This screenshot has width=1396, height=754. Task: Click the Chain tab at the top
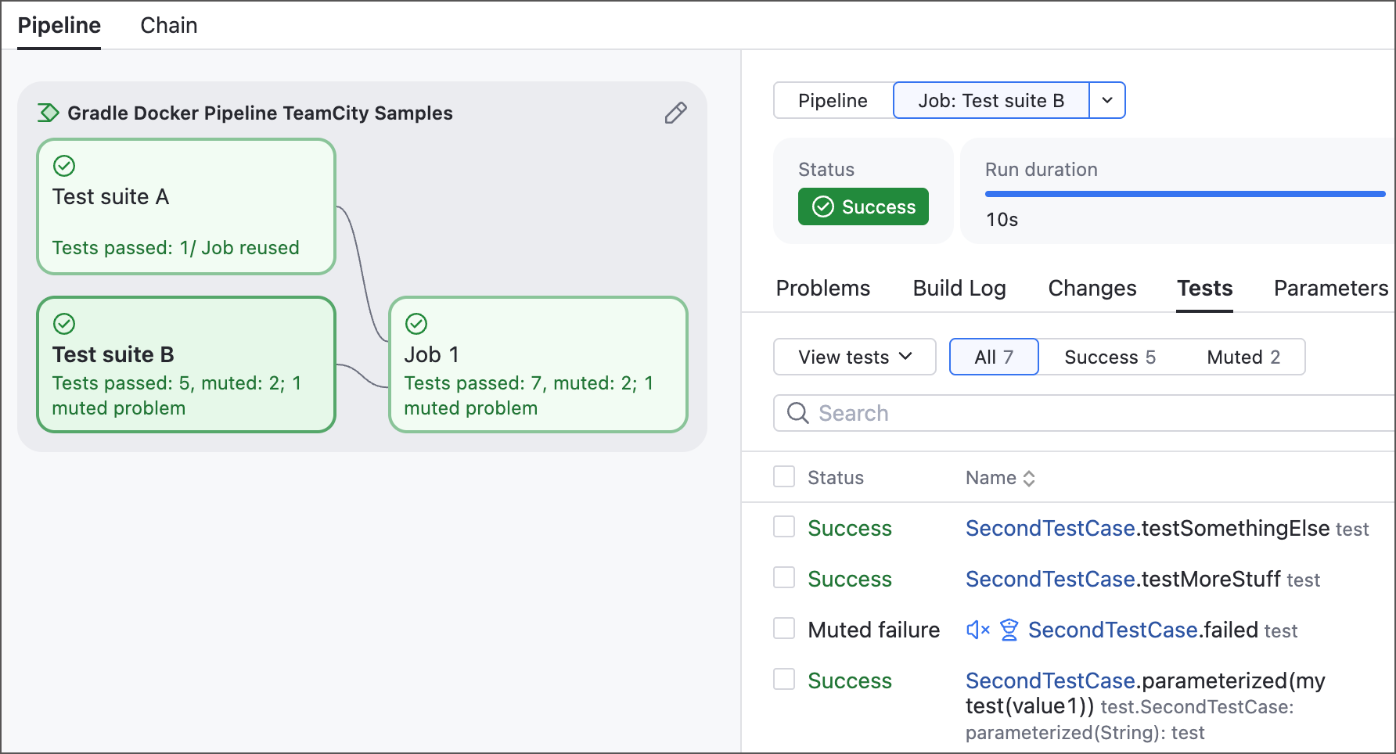[x=168, y=26]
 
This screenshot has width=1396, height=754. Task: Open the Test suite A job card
[x=186, y=206]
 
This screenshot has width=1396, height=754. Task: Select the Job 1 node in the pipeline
[x=538, y=364]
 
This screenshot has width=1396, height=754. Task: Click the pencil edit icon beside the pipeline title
[x=676, y=113]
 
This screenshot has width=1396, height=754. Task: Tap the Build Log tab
[x=959, y=289]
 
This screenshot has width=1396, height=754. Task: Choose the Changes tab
[x=1092, y=289]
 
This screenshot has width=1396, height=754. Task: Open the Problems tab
[x=823, y=289]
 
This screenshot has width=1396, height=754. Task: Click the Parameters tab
[x=1331, y=289]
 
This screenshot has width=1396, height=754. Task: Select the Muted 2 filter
[x=1243, y=357]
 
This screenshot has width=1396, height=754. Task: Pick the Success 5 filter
[x=1110, y=357]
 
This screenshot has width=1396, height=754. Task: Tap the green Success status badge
[x=863, y=206]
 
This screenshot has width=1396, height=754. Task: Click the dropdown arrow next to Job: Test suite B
[x=1107, y=100]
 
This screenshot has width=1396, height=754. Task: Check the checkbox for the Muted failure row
[x=784, y=628]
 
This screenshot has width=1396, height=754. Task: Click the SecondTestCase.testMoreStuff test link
[x=1123, y=580]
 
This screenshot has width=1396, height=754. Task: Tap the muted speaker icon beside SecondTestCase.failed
[x=978, y=630]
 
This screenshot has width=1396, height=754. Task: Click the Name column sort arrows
[x=1029, y=479]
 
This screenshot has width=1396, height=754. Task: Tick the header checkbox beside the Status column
[x=784, y=476]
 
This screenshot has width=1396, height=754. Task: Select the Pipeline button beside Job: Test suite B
[x=833, y=100]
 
